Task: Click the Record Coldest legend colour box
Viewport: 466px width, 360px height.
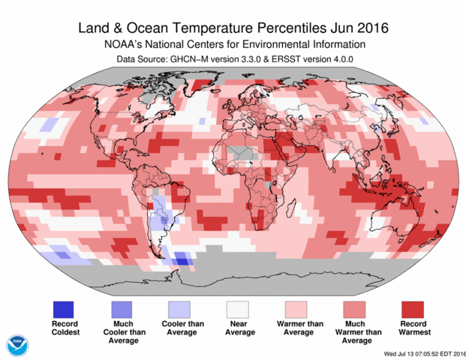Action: coord(63,309)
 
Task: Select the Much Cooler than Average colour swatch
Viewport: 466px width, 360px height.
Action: coord(122,309)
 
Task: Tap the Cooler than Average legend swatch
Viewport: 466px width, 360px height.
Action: coord(179,309)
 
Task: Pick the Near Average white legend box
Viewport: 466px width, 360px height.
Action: coord(238,309)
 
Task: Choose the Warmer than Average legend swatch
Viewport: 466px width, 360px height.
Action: coord(296,309)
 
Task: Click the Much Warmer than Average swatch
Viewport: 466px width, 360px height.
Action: coord(354,309)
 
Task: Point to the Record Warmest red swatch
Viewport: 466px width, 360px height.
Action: coord(412,309)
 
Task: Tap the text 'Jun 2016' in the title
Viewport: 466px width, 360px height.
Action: coord(364,29)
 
